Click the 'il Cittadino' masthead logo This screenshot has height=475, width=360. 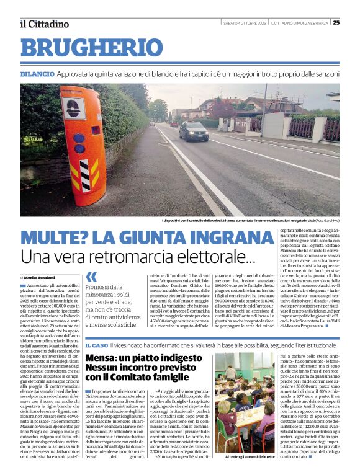(43, 24)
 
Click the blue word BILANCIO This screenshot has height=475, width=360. (37, 74)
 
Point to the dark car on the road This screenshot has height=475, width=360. (194, 131)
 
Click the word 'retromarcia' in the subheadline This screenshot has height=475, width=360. (124, 257)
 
